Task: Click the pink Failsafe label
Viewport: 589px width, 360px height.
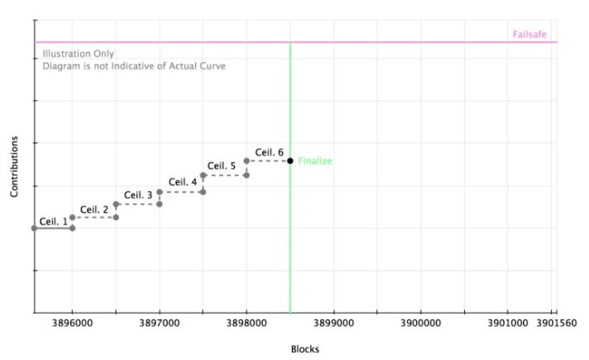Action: click(529, 35)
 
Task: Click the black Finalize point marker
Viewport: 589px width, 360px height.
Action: click(290, 161)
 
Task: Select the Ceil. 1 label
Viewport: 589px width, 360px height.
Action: click(53, 221)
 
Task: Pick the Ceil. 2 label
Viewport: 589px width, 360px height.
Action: click(94, 209)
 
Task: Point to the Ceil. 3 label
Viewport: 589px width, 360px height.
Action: click(138, 195)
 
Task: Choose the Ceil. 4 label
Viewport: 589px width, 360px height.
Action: click(183, 181)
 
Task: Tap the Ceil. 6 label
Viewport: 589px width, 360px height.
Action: click(269, 152)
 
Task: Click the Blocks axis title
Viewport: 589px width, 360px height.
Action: click(304, 349)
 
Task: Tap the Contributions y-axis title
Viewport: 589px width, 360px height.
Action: click(14, 166)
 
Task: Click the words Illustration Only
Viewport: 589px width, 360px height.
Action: click(79, 54)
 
